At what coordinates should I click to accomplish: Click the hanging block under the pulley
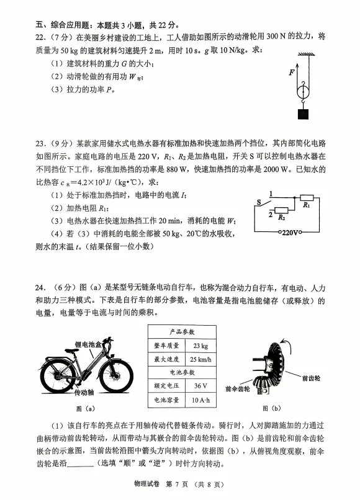[x=303, y=115]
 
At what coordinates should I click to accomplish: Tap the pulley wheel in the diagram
[x=303, y=91]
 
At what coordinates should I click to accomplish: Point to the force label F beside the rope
[x=290, y=72]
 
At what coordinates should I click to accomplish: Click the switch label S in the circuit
[x=259, y=202]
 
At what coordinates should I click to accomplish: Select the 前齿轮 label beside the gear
[x=310, y=377]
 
